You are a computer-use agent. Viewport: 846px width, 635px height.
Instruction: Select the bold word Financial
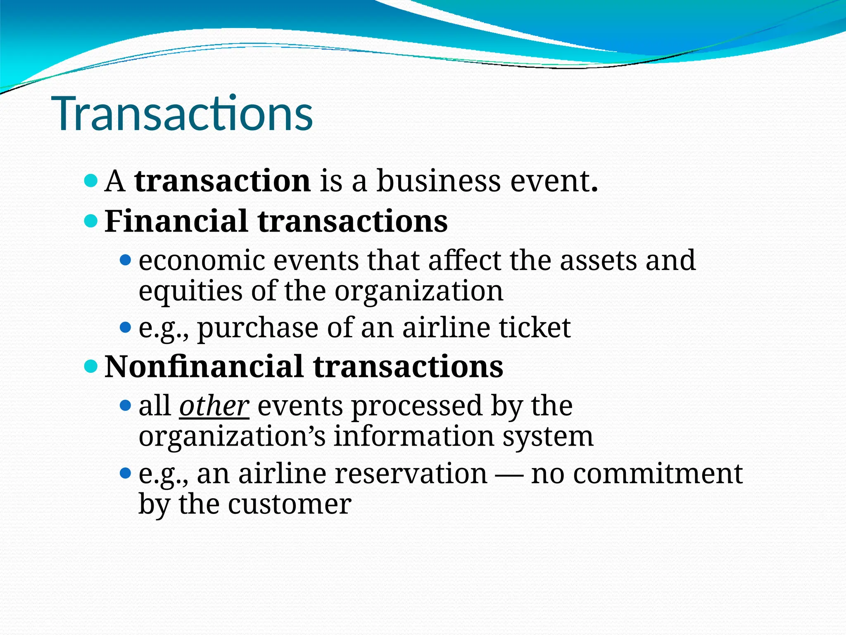tap(176, 221)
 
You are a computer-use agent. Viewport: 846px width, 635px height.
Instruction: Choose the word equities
tap(190, 291)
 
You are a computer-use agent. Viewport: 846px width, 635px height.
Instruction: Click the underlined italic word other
tap(214, 406)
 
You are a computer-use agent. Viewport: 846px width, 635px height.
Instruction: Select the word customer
tap(290, 504)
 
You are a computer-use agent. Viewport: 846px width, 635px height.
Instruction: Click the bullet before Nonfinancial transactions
tap(90, 366)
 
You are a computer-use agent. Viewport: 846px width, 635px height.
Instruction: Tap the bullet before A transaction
tap(90, 181)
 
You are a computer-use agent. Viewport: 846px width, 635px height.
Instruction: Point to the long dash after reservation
tap(509, 474)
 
